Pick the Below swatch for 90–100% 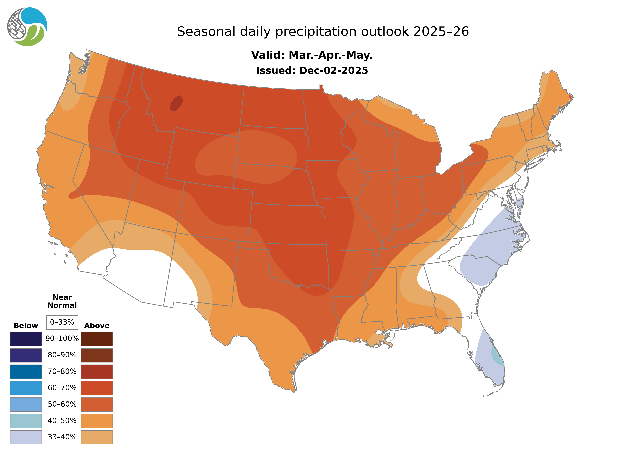(x=26, y=339)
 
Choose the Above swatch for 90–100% (x=97, y=339)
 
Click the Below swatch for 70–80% (x=26, y=372)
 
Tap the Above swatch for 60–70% (x=97, y=388)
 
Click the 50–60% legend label (x=62, y=404)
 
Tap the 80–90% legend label (x=62, y=355)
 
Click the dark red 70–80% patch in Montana (x=176, y=103)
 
